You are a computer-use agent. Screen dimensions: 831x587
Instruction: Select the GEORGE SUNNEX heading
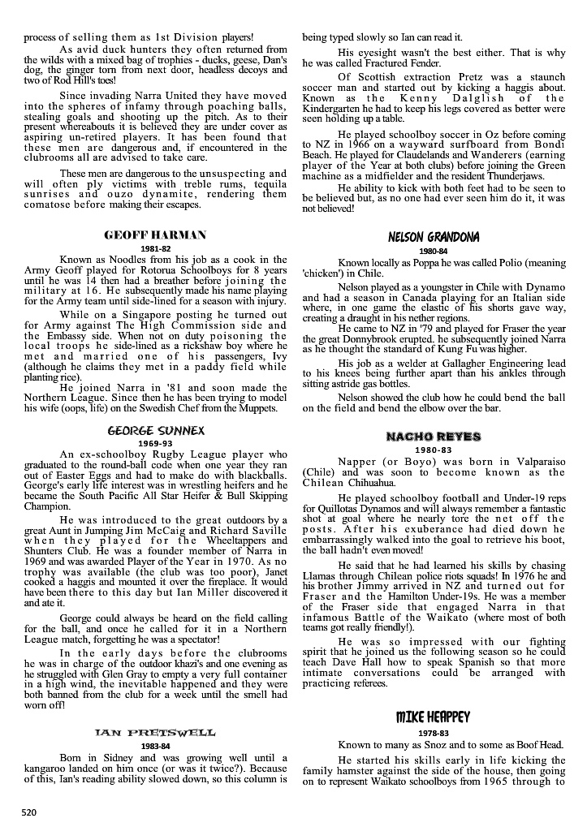point(155,429)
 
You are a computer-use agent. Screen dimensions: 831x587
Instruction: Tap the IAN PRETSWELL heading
point(155,733)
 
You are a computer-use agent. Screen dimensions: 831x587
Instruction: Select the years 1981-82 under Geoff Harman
point(155,248)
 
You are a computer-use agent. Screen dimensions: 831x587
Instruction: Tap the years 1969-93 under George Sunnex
point(155,443)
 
